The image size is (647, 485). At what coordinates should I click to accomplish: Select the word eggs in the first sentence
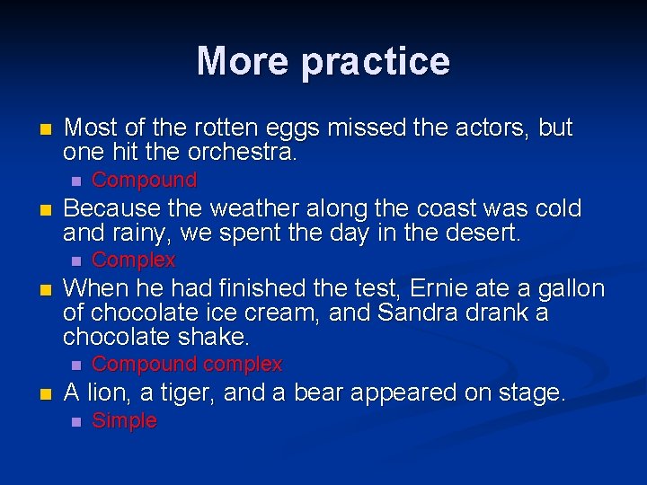(290, 128)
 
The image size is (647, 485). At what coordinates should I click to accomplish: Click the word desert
(482, 233)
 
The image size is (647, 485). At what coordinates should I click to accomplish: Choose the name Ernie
(443, 289)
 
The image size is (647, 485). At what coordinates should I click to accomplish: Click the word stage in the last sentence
(530, 392)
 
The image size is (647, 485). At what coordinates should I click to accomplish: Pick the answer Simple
(124, 420)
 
